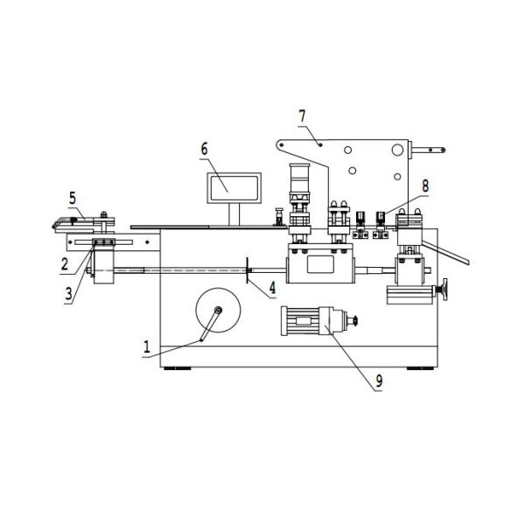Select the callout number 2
click(64, 262)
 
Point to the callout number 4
click(272, 285)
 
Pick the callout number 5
click(73, 197)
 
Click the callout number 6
click(205, 149)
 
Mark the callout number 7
click(303, 115)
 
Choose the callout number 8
click(424, 185)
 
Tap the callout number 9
click(379, 381)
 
